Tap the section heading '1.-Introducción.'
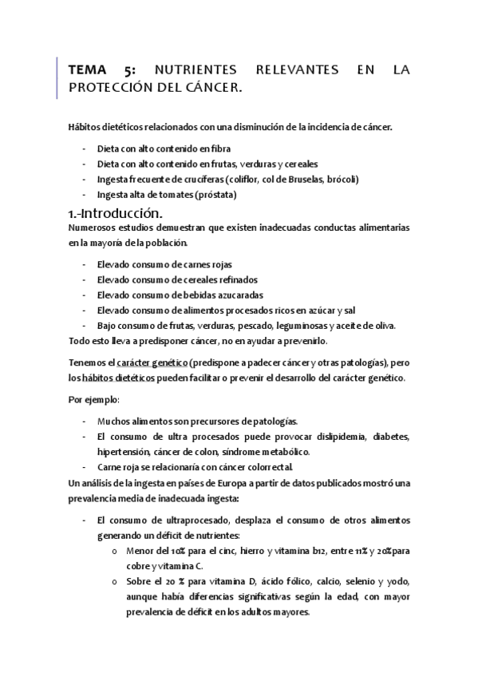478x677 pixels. pyautogui.click(x=117, y=213)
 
